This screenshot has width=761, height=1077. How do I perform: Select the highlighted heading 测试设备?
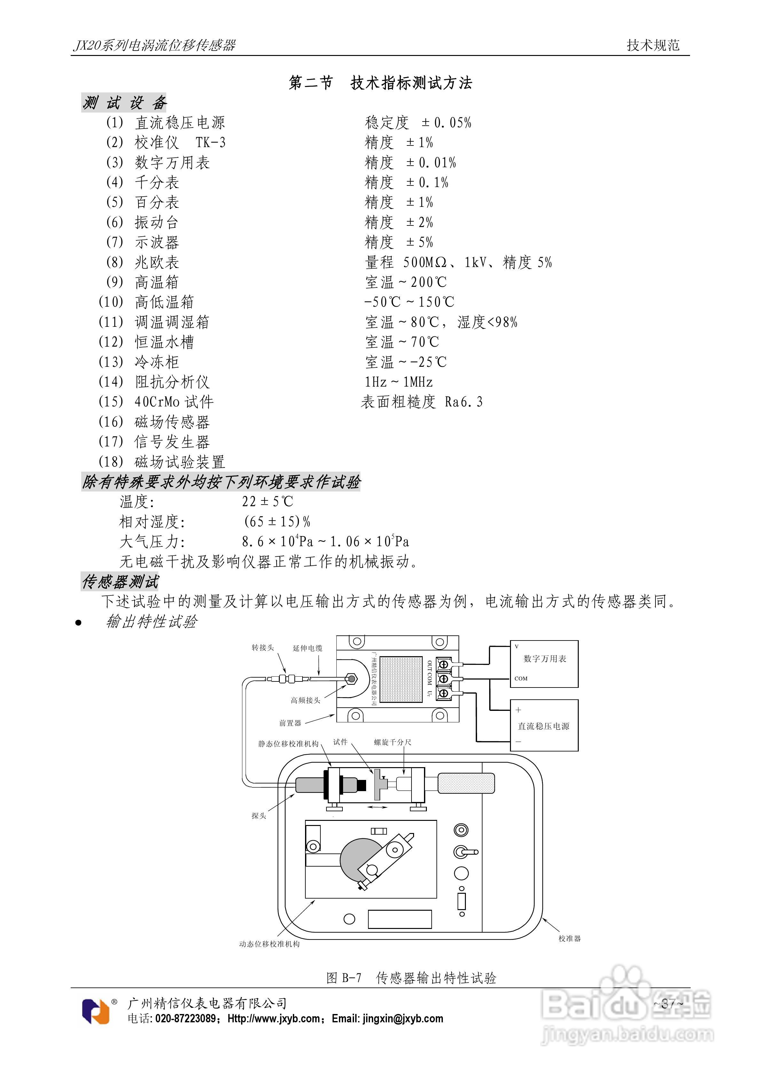tap(124, 103)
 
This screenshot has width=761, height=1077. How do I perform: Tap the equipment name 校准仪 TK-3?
tap(180, 142)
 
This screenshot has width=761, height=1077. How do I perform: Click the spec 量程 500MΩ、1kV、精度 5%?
tap(459, 262)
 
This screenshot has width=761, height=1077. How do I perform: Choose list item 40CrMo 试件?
tap(174, 402)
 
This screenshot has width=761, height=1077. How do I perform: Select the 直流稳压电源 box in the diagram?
tap(544, 726)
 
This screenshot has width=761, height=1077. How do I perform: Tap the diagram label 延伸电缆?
tap(307, 648)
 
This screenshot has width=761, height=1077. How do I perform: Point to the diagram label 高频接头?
tap(305, 700)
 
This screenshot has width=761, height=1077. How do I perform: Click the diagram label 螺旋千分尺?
tap(392, 742)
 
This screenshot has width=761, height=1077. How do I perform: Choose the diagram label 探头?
tap(258, 816)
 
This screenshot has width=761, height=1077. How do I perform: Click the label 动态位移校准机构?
tap(269, 944)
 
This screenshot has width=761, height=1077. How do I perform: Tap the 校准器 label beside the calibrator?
tap(569, 938)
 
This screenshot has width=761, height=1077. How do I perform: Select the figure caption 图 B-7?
tap(344, 978)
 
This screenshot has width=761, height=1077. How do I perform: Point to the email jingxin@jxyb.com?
tap(403, 1018)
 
